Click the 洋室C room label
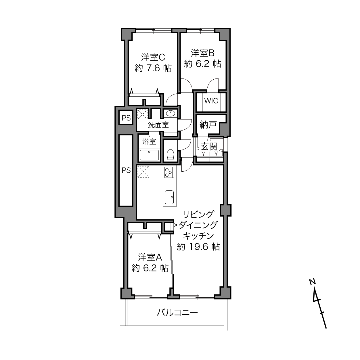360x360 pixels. click(x=153, y=57)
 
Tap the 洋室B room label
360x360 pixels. click(x=203, y=53)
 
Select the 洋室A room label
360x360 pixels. click(x=150, y=257)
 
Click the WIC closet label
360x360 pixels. click(x=211, y=101)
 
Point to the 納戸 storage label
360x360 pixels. click(x=208, y=125)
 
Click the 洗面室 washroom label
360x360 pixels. click(x=158, y=125)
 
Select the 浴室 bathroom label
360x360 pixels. click(x=149, y=141)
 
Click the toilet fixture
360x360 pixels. click(x=170, y=154)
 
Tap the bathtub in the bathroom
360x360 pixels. click(x=149, y=155)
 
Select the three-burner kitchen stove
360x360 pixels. click(x=169, y=172)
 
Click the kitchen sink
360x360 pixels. click(x=169, y=198)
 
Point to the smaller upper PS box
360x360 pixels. click(x=126, y=118)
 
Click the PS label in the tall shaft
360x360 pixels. click(x=126, y=170)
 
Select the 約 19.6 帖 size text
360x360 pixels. click(x=198, y=247)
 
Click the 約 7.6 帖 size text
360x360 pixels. click(x=153, y=68)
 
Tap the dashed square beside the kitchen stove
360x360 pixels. click(x=143, y=171)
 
